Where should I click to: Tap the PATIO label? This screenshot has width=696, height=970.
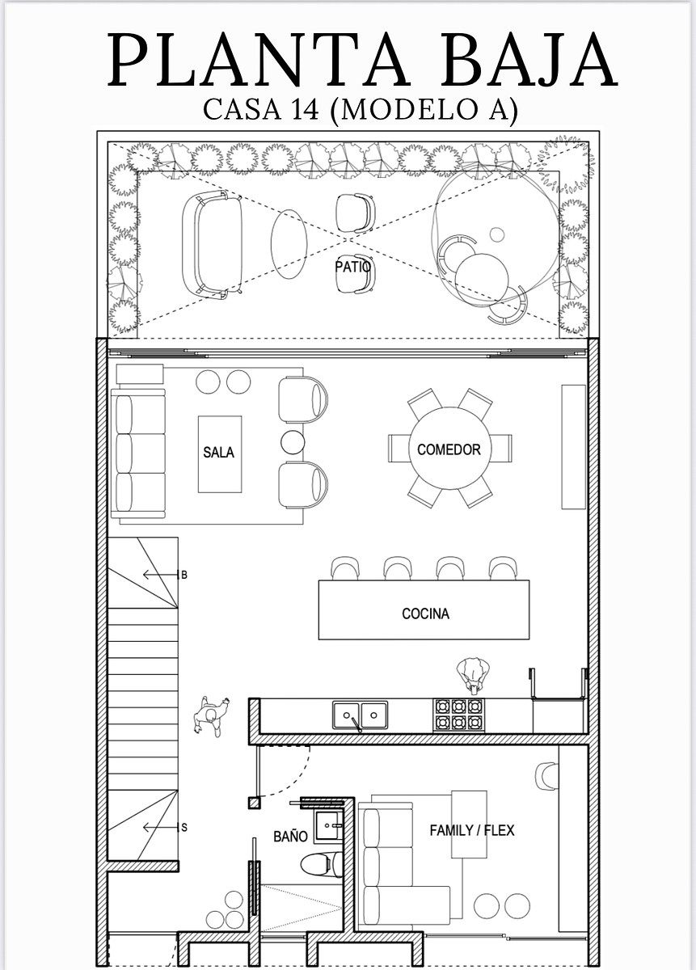click(352, 267)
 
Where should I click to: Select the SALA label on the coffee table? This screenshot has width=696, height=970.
click(219, 452)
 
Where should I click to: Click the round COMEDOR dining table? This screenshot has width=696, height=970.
click(449, 449)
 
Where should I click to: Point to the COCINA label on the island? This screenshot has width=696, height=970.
click(425, 614)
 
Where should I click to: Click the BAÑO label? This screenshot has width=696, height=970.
click(291, 837)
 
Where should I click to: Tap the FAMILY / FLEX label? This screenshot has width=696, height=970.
click(472, 831)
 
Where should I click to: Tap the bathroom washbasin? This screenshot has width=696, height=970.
click(328, 827)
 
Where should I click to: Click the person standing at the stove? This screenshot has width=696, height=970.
click(473, 677)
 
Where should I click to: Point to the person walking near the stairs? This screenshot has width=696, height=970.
click(210, 716)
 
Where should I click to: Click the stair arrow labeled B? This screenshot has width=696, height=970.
click(160, 575)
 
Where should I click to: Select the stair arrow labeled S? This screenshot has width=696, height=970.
click(160, 828)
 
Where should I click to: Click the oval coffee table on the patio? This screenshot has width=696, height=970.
click(289, 244)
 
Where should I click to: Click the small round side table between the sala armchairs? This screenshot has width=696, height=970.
click(293, 441)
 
